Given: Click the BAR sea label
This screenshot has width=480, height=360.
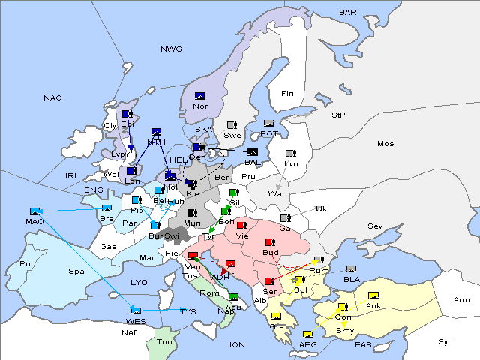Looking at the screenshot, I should coord(348,12).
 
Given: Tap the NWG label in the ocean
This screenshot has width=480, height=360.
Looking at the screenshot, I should coord(171,49).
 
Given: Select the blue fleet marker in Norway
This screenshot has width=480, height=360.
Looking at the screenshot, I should coord(199,96).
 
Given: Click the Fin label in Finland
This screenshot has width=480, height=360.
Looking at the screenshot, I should coord(287,93).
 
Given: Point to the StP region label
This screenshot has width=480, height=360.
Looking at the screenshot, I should coord(338,115).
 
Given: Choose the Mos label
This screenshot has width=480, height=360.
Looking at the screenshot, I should coord(385,143).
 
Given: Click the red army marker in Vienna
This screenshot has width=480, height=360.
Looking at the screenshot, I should coord(241,224).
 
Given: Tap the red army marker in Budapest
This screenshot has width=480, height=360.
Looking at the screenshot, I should coord(270,242).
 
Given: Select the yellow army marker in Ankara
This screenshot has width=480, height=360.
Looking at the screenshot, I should coord(373,295).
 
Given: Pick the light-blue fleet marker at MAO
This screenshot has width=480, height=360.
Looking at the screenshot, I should coord(34,211).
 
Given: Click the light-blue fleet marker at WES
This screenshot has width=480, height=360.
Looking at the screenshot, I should coord(136,310).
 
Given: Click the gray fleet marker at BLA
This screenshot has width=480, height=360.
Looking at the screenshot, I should coord(352,269).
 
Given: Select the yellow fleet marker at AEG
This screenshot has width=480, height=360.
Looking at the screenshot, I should coord(307,334).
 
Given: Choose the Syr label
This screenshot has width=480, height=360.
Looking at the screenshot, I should coord(445,341).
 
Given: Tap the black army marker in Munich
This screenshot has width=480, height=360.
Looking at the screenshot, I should coord(191,213).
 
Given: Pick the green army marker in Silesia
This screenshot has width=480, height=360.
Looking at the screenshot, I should coord(233,193).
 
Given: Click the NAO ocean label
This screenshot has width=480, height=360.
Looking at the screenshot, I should coord(52,97).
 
